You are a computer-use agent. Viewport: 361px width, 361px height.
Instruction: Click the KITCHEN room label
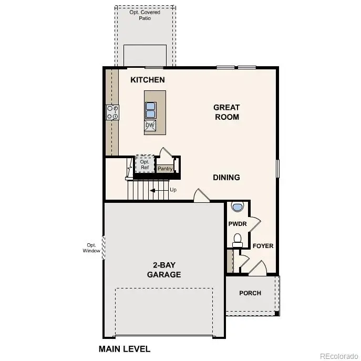point(148,80)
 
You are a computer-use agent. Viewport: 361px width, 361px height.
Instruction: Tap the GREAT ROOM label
point(226,112)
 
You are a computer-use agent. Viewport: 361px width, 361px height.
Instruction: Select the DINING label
point(226,177)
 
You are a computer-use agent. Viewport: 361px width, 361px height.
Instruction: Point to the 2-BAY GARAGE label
point(164,270)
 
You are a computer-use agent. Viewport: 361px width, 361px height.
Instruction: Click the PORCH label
point(250,293)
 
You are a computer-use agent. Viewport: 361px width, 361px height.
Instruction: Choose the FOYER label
point(263,245)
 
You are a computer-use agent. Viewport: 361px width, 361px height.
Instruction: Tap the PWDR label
point(238,223)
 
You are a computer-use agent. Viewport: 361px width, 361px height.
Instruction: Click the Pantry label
point(165,169)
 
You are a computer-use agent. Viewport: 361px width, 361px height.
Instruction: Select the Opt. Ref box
point(145,164)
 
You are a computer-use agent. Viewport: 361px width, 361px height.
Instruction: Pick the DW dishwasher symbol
point(150,125)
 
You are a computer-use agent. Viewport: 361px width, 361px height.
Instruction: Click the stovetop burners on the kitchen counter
point(112,112)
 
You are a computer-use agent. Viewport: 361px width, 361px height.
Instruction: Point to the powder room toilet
point(238,240)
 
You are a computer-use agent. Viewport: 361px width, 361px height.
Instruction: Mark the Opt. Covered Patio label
point(145,15)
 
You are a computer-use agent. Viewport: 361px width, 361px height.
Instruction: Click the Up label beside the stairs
point(173,190)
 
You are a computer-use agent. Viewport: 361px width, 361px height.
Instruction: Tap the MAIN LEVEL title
point(125,348)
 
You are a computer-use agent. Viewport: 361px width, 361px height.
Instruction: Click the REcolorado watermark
point(338,354)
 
